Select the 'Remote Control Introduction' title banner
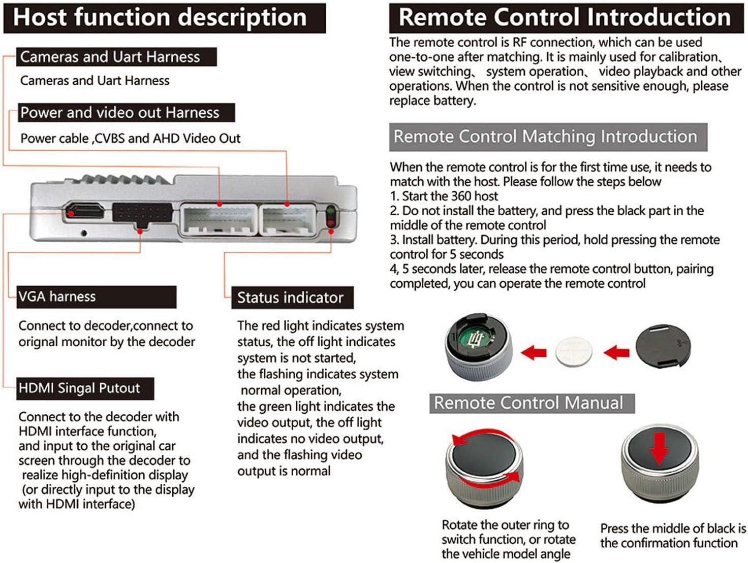pyautogui.click(x=566, y=18)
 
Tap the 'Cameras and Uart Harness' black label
pyautogui.click(x=116, y=57)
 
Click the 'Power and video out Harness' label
pyautogui.click(x=126, y=113)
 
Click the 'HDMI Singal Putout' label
pyautogui.click(x=85, y=388)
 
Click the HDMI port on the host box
pyautogui.click(x=85, y=211)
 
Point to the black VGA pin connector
pyautogui.click(x=142, y=213)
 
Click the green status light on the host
pyautogui.click(x=331, y=210)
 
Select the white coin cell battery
pyautogui.click(x=574, y=351)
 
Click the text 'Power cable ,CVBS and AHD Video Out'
pyautogui.click(x=130, y=139)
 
